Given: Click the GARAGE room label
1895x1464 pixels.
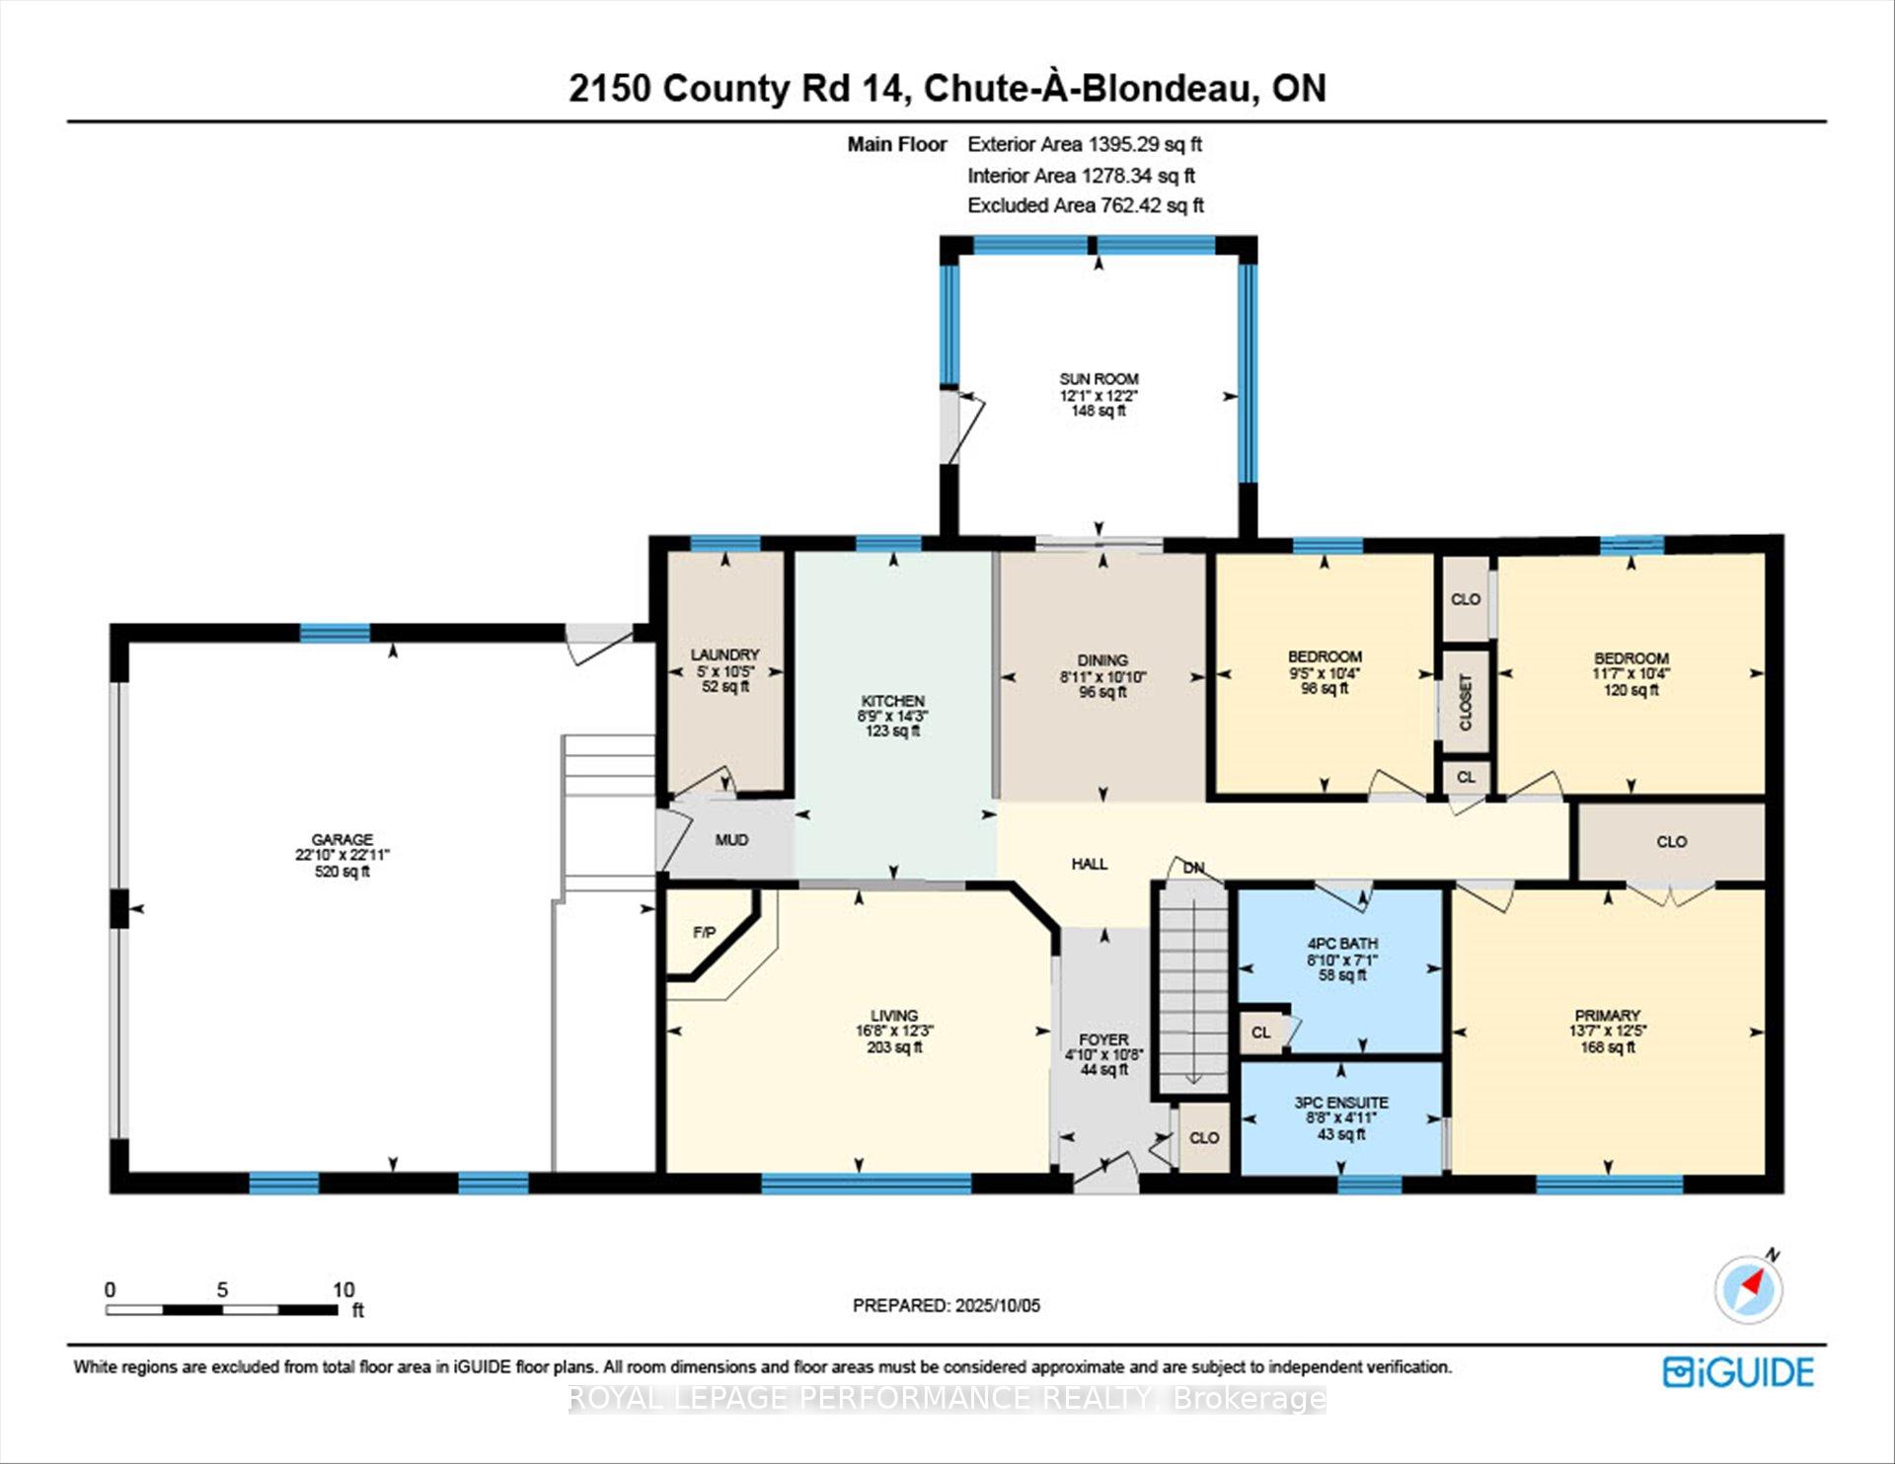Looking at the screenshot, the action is [x=342, y=839].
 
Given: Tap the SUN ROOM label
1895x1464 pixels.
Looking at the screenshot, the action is [x=1099, y=379].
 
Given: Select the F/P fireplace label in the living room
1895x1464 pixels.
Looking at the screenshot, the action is [x=704, y=932].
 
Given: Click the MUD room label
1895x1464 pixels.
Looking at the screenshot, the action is [x=731, y=840].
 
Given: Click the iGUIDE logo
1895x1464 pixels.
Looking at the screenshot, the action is [x=1738, y=1373].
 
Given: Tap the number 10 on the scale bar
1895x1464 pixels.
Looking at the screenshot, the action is [x=343, y=1289].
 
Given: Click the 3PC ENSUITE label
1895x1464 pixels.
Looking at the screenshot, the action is [x=1341, y=1103].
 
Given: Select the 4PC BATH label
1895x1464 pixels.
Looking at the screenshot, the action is [x=1342, y=944].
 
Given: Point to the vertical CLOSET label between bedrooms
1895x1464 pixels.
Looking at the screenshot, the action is [x=1466, y=702].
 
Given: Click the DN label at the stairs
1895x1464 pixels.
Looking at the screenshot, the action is [x=1194, y=868].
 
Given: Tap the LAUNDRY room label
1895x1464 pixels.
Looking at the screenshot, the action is [x=725, y=655].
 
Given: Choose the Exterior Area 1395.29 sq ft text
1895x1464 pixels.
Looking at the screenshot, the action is [x=1085, y=144].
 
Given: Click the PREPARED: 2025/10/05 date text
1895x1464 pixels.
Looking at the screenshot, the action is [x=947, y=1305].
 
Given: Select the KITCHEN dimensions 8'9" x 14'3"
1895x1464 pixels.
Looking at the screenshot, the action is [x=893, y=716].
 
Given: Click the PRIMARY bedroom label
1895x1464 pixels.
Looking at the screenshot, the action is [x=1608, y=1015].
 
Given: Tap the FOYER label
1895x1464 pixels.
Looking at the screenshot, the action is [x=1103, y=1040].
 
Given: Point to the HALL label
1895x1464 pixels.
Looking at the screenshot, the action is [x=1090, y=864].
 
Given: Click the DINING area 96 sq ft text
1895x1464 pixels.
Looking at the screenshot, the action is [x=1102, y=692].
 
